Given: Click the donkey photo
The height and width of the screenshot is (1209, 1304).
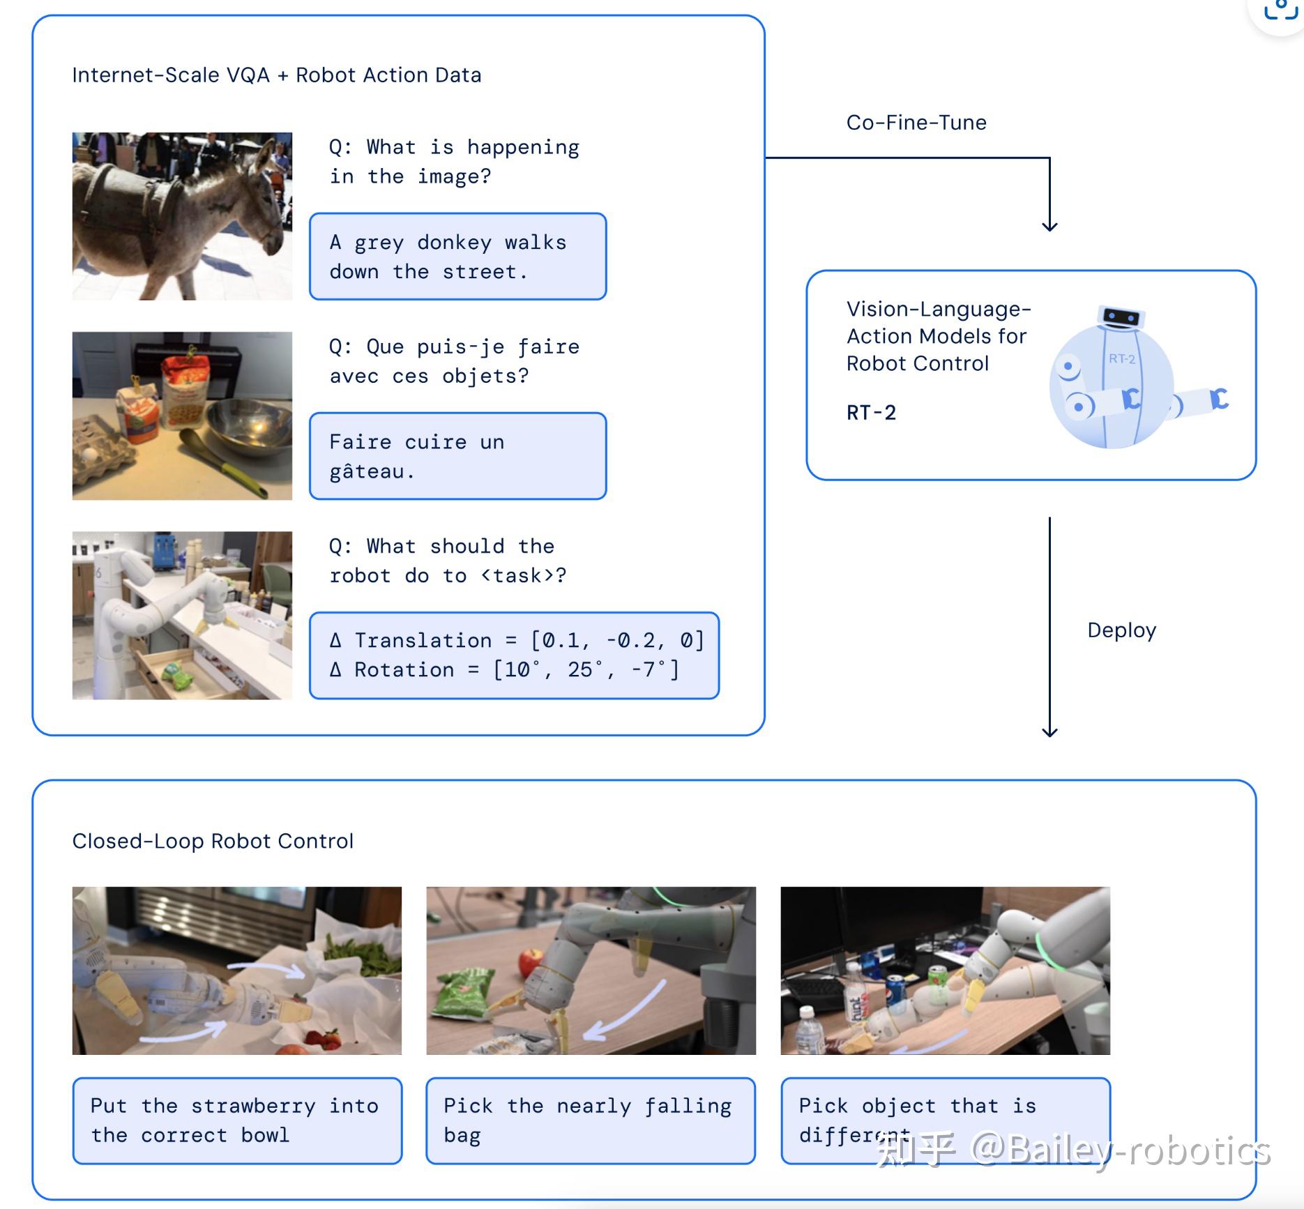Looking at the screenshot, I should (x=182, y=216).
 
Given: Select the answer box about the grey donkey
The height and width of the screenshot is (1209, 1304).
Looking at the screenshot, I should (x=457, y=257).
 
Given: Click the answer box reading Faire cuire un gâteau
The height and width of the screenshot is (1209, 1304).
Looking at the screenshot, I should (x=457, y=456).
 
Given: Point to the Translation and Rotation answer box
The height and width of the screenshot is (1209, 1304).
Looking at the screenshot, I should (x=514, y=655).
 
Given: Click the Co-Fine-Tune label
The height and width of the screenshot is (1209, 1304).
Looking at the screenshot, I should (x=916, y=123).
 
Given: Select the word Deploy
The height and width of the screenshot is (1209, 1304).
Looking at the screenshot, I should (x=1121, y=630).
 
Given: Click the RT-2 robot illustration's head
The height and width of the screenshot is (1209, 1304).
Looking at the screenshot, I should (x=1121, y=318).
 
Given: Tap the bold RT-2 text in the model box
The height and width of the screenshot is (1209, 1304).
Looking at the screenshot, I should (x=871, y=413).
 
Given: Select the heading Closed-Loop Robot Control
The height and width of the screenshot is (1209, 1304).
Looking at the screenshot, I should (x=213, y=841).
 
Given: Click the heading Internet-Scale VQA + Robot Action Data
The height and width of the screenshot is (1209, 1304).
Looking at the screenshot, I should (x=276, y=75).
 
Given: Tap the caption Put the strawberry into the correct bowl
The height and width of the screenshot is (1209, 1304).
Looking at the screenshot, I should (x=237, y=1120).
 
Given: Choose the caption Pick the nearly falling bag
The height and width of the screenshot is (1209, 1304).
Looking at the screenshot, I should (x=590, y=1120).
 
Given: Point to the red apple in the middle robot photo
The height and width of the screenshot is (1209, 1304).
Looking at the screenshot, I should (x=531, y=964).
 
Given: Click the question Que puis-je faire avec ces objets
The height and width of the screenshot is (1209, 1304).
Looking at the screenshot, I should (x=454, y=361).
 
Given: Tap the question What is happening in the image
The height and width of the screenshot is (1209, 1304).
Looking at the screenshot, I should (x=454, y=162).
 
